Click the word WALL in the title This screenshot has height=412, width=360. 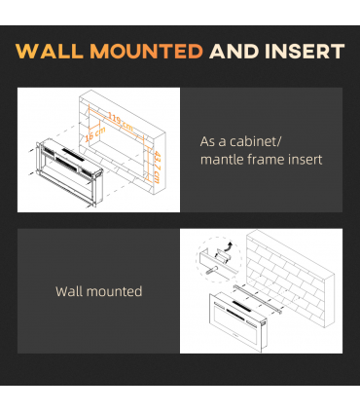[49, 51]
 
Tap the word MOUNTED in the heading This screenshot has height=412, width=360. [146, 51]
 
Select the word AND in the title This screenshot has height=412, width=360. [234, 51]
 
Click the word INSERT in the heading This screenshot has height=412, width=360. [305, 51]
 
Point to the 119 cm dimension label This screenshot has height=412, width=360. [121, 122]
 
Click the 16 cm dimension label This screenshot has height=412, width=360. [95, 134]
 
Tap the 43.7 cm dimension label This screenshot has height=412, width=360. [157, 168]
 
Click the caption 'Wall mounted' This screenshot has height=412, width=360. [99, 291]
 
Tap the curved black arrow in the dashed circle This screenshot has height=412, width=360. [230, 246]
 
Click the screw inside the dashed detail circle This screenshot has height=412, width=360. [212, 269]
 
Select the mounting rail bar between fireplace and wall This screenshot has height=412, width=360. [258, 299]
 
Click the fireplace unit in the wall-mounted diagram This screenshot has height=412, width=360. [237, 322]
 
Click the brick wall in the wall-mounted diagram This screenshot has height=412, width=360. [290, 279]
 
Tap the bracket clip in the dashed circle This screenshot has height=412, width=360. [223, 255]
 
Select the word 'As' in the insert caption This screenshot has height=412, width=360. [207, 142]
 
